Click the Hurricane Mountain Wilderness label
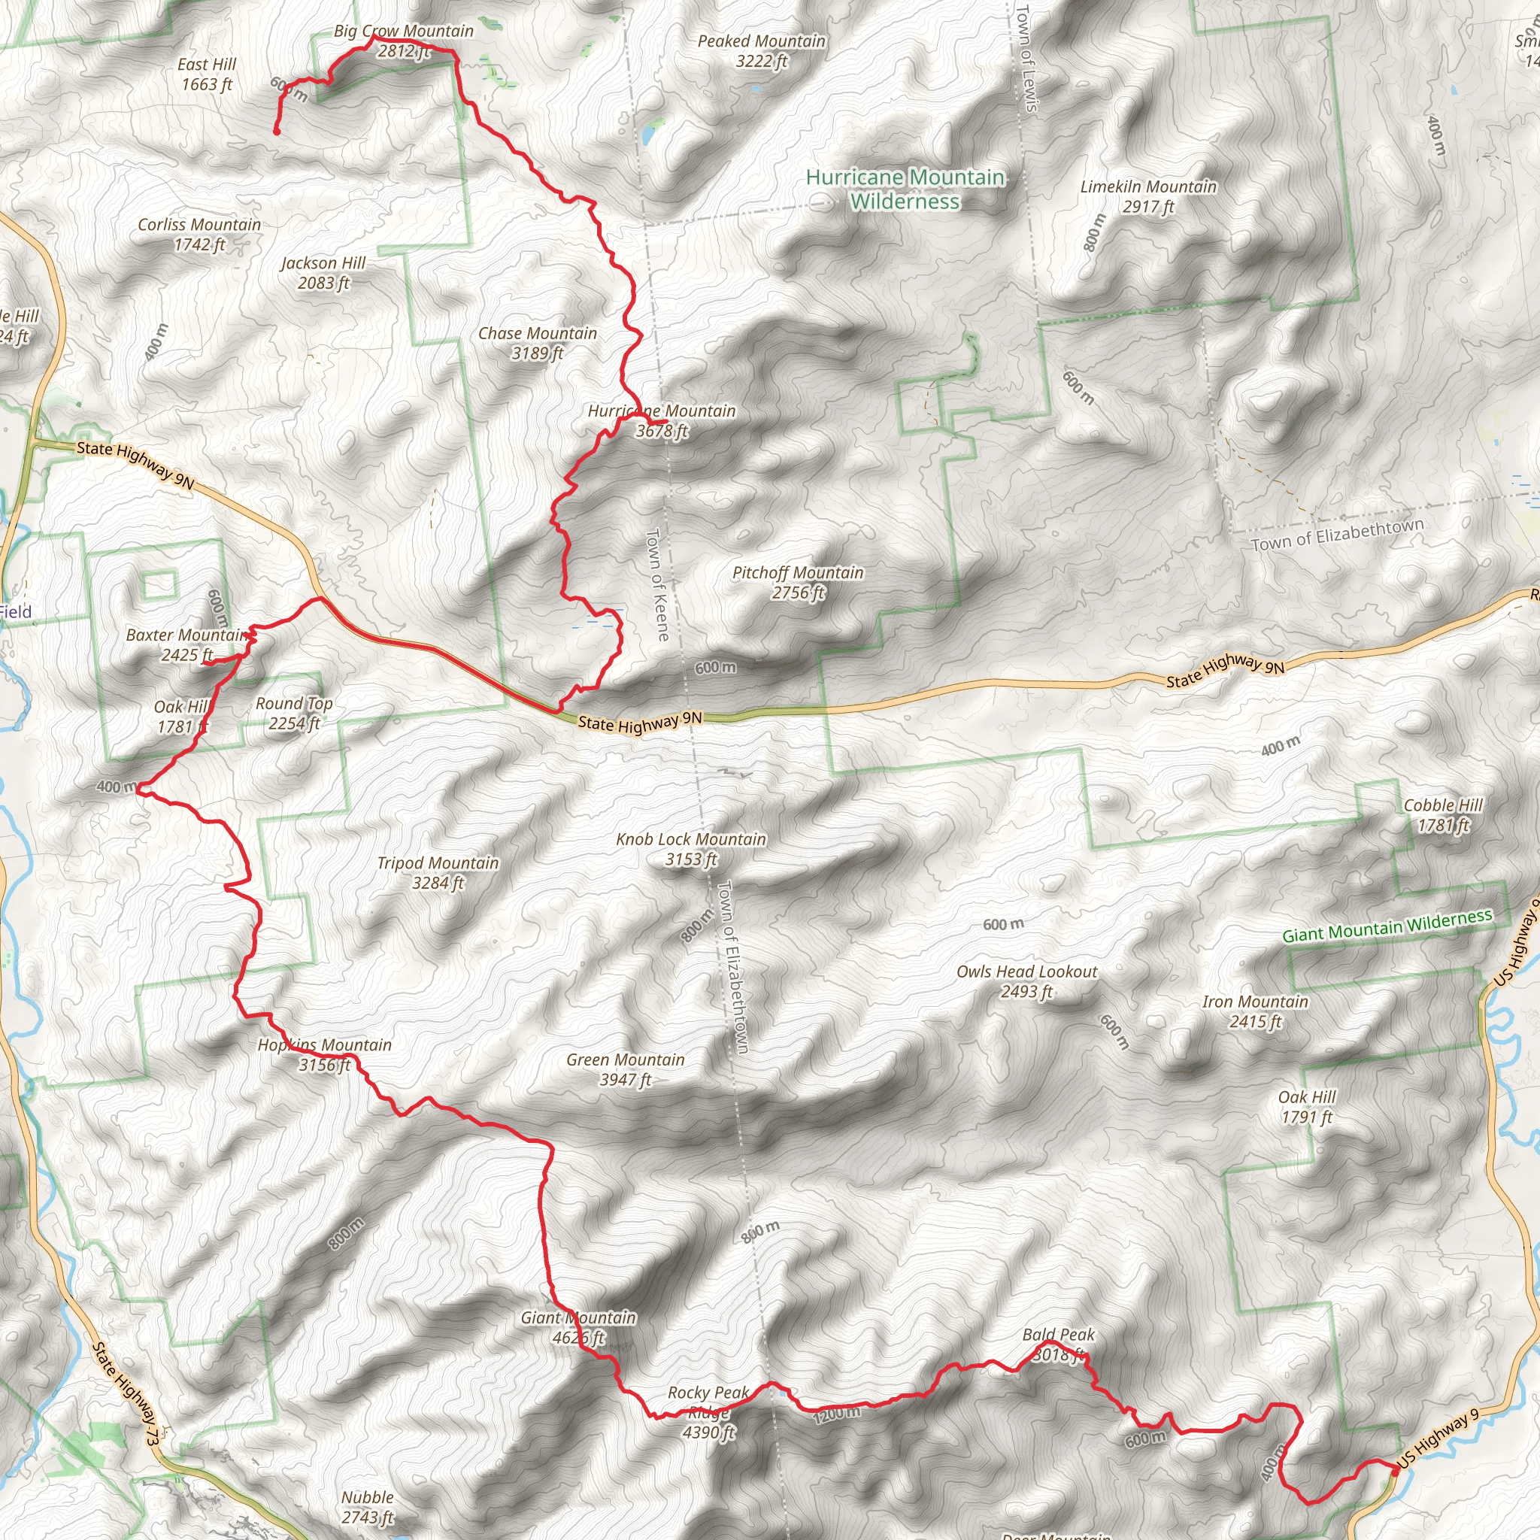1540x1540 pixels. pos(905,189)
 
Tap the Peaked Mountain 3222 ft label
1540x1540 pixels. pos(761,51)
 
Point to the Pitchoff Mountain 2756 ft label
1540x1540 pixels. pos(798,582)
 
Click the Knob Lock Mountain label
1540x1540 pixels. pos(690,849)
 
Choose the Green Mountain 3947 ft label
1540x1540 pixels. pos(625,1070)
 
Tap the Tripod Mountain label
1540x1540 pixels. pos(438,873)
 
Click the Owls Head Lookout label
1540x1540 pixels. pos(1026,981)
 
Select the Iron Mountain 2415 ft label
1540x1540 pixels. pos(1255,1011)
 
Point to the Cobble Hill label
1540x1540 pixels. pos(1443,814)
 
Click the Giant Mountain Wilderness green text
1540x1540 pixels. pos(1386,926)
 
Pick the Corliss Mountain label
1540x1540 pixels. pos(199,235)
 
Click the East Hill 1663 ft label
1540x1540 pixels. pos(207,74)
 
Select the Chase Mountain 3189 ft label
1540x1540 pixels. pos(537,343)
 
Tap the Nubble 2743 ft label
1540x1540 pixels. pos(368,1506)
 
